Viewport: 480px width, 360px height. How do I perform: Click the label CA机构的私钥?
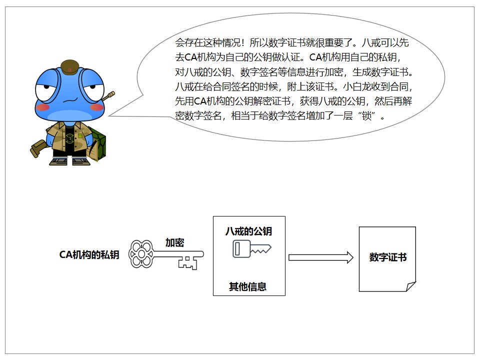pyautogui.click(x=89, y=254)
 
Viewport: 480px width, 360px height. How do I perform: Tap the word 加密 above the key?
pyautogui.click(x=175, y=242)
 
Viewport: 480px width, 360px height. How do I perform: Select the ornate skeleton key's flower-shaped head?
pyautogui.click(x=141, y=254)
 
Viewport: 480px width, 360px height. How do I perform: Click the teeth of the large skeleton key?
pyautogui.click(x=188, y=262)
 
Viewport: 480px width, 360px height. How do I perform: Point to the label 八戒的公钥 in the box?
pyautogui.click(x=248, y=231)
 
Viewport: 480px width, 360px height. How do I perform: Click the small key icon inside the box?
pyautogui.click(x=252, y=248)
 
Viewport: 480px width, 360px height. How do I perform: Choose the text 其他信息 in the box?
pyautogui.click(x=248, y=286)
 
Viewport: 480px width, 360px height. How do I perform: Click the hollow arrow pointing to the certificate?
pyautogui.click(x=321, y=257)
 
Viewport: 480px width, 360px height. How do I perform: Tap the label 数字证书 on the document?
pyautogui.click(x=388, y=257)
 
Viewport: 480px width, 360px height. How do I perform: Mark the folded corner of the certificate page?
pyautogui.click(x=411, y=286)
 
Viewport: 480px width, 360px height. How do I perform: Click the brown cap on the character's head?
pyautogui.click(x=70, y=67)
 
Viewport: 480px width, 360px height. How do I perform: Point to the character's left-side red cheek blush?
pyautogui.click(x=42, y=107)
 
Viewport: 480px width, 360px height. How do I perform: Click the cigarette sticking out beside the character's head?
pyautogui.click(x=108, y=96)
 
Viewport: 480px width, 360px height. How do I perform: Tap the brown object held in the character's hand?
pyautogui.click(x=38, y=148)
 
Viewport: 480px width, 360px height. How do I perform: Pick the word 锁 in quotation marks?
pyautogui.click(x=366, y=115)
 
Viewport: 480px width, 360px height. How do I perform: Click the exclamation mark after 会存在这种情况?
pyautogui.click(x=243, y=42)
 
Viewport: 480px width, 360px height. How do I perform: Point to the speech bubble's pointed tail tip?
pyautogui.click(x=109, y=116)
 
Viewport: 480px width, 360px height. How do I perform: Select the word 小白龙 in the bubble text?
pyautogui.click(x=357, y=86)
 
